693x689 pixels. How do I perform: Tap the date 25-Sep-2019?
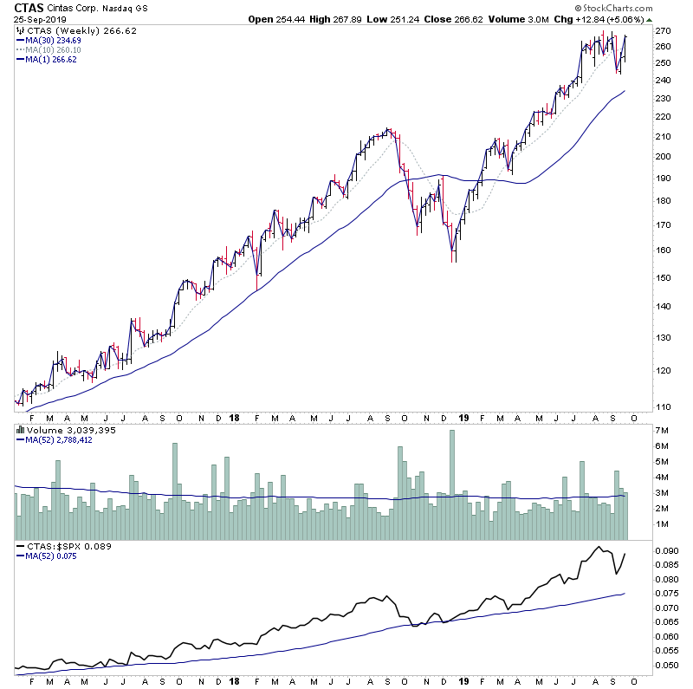tap(38, 18)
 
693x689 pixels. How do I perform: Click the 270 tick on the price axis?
tap(664, 30)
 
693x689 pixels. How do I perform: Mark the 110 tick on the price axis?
tap(664, 406)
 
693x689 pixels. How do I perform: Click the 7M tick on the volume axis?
tap(661, 431)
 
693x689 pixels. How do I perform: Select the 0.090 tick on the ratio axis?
tap(667, 551)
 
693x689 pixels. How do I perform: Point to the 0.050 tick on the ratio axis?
tap(667, 666)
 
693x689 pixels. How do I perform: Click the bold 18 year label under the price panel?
tap(235, 418)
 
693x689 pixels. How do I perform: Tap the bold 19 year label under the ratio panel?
tap(463, 681)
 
